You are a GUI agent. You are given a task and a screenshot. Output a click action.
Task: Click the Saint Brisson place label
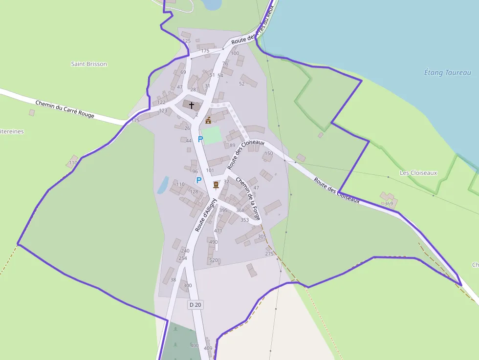[89, 64]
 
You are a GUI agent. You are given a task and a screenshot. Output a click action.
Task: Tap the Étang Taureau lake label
[447, 73]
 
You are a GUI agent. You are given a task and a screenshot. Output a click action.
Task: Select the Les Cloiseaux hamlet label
[418, 173]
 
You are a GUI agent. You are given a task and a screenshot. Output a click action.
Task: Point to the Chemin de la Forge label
[248, 198]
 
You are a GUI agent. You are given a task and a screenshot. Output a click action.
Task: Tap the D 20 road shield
[195, 305]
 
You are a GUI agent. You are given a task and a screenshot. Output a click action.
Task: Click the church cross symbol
[191, 105]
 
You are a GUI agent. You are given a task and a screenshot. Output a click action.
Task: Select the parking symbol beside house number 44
[200, 139]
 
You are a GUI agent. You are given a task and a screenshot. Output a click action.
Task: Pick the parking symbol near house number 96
[199, 180]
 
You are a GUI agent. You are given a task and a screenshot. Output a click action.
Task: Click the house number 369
[389, 204]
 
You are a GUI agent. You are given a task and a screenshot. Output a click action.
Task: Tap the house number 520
[214, 260]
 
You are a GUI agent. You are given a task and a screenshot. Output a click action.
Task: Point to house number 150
[268, 153]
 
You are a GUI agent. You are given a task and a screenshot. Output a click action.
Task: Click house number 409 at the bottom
[208, 348]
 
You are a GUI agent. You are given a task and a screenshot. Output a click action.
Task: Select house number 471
[218, 231]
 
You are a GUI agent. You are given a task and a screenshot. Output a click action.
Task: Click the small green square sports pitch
[211, 135]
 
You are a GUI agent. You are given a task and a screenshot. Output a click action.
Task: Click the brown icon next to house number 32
[216, 185]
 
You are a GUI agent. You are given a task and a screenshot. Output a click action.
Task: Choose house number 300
[187, 285]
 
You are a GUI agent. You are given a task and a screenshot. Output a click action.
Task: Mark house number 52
[241, 84]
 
